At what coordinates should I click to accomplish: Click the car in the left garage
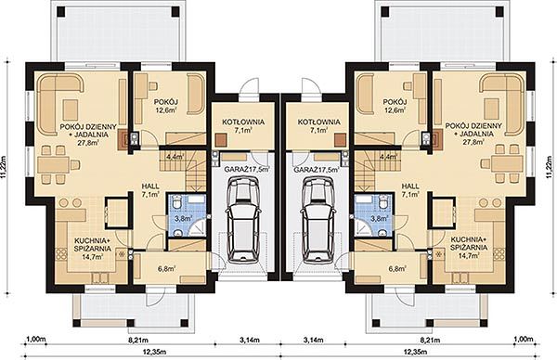pyautogui.click(x=243, y=219)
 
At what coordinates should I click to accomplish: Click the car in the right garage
pyautogui.click(x=318, y=219)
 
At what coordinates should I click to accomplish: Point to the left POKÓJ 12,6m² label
pyautogui.click(x=165, y=106)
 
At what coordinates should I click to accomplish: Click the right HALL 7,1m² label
pyautogui.click(x=410, y=190)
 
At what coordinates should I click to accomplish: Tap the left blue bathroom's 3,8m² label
pyautogui.click(x=184, y=218)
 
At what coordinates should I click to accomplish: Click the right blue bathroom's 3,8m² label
pyautogui.click(x=379, y=218)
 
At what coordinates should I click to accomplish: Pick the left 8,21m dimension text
pyautogui.click(x=136, y=341)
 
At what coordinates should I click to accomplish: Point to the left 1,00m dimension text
pyautogui.click(x=36, y=340)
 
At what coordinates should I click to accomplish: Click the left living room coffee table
pyautogui.click(x=71, y=109)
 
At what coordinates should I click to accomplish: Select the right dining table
pyautogui.click(x=506, y=163)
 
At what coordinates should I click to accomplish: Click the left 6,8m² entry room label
pyautogui.click(x=166, y=269)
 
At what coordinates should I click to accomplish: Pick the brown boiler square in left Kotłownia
pyautogui.click(x=221, y=139)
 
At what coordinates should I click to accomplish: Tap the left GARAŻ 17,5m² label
pyautogui.click(x=246, y=170)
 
